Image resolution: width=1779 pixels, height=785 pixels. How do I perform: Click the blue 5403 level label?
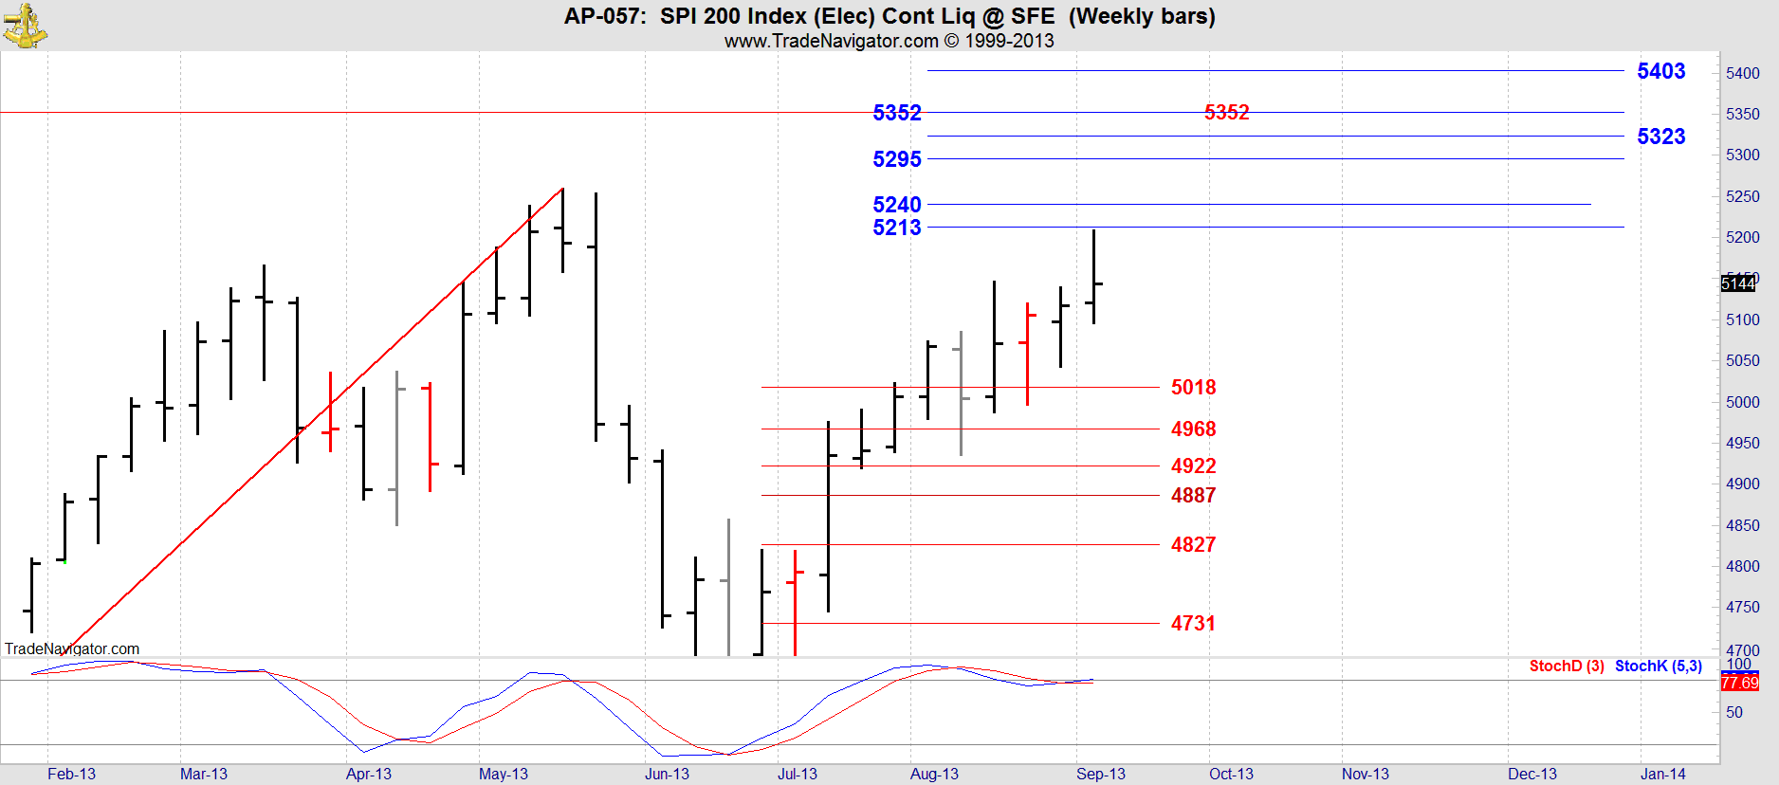tap(1660, 71)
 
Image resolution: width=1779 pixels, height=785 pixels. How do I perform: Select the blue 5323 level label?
tap(1660, 137)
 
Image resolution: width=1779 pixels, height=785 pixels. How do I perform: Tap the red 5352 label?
tap(1226, 113)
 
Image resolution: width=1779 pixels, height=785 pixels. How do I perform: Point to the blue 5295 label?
tap(896, 159)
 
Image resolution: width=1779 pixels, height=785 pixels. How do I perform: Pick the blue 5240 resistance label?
tap(896, 205)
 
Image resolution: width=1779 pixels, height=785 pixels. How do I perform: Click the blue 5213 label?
tap(896, 228)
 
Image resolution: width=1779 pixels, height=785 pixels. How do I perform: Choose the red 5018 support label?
tap(1193, 388)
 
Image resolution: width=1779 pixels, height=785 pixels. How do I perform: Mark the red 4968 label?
tap(1193, 429)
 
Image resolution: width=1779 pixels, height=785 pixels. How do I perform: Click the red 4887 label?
tap(1193, 496)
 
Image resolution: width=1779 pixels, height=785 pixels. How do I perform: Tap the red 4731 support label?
tap(1193, 624)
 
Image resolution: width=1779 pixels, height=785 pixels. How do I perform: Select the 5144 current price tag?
tap(1738, 283)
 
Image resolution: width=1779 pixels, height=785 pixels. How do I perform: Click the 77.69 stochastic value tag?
tap(1739, 683)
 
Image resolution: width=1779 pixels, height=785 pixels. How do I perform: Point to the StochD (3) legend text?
tap(1567, 666)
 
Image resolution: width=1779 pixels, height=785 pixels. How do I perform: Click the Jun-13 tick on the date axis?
tap(667, 774)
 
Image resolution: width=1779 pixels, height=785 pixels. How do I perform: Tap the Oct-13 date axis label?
tap(1231, 774)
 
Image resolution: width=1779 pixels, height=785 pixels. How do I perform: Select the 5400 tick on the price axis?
tap(1743, 73)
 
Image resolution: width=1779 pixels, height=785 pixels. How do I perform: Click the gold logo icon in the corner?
tap(25, 26)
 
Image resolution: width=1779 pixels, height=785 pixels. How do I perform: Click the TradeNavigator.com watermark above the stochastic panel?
tap(72, 648)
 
